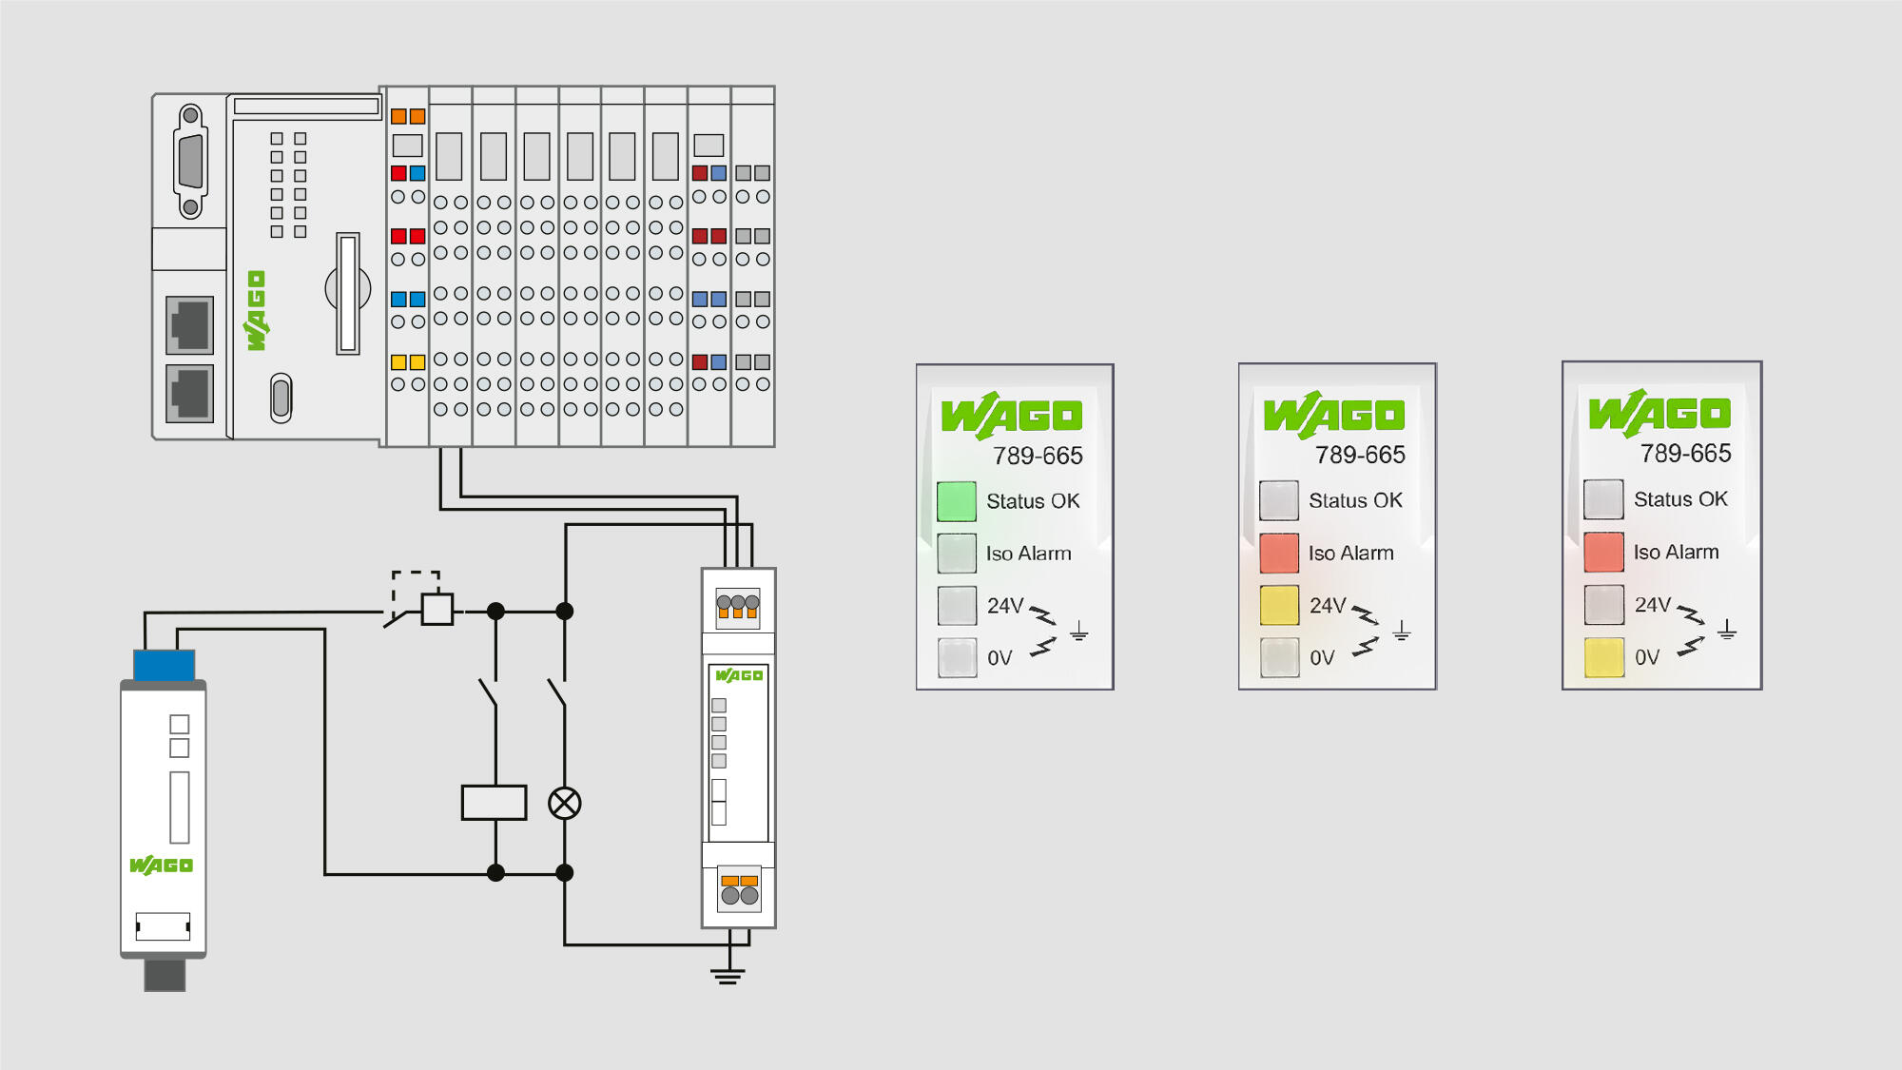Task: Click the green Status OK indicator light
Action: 956,501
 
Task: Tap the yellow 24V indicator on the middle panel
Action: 1279,605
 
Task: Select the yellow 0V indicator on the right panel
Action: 1603,657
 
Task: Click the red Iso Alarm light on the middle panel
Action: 1279,553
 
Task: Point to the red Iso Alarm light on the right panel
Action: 1603,552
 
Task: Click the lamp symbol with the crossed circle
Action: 565,804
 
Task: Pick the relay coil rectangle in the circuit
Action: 494,803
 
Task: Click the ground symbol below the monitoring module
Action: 728,975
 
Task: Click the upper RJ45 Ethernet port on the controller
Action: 189,325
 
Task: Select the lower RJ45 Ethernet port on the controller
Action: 189,393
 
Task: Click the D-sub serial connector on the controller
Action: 191,162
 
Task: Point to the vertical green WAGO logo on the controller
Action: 257,311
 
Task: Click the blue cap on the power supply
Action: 164,665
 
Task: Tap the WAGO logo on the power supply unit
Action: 161,866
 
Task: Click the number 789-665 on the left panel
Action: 1038,457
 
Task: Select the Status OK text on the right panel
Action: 1680,499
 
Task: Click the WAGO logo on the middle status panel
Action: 1334,415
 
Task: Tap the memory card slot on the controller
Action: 348,293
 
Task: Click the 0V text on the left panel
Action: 1000,658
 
